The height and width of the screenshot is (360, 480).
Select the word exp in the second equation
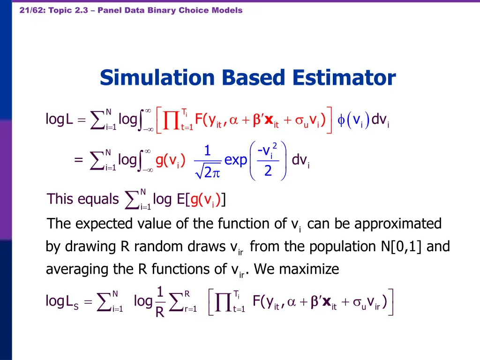[235, 160]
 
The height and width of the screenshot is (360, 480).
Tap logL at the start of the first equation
[59, 120]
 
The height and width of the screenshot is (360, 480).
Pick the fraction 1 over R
[160, 301]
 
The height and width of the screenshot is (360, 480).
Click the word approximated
[398, 224]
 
